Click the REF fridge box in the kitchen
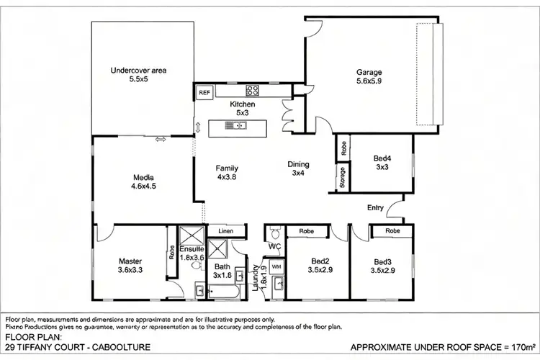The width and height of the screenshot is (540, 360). click(x=204, y=92)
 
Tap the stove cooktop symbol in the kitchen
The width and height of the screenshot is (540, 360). click(x=253, y=91)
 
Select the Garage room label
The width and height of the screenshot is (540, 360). click(x=369, y=72)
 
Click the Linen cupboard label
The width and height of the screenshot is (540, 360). click(x=225, y=231)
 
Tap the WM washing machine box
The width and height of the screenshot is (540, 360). click(x=277, y=266)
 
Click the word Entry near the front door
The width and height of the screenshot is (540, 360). click(x=375, y=207)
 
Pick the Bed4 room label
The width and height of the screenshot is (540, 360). click(x=382, y=158)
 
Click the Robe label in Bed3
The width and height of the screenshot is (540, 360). click(x=392, y=231)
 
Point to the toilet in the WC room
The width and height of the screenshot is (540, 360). click(x=274, y=234)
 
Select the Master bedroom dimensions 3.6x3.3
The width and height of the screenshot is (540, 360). click(x=131, y=271)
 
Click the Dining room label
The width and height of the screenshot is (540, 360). click(x=298, y=164)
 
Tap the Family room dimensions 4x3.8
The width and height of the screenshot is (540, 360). click(x=226, y=177)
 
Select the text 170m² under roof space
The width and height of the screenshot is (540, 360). click(x=522, y=347)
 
